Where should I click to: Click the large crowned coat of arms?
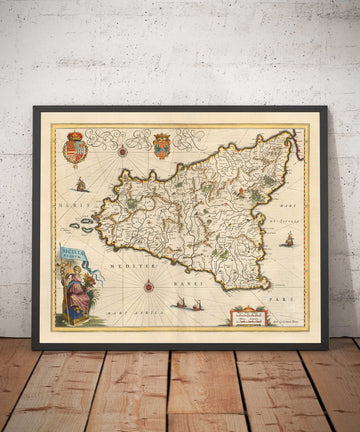[x=75, y=150]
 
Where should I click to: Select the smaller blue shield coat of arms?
[x=161, y=147]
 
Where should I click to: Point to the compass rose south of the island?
[x=149, y=287]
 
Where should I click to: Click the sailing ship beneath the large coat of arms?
[x=80, y=185]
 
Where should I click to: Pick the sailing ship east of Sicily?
[x=288, y=240]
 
